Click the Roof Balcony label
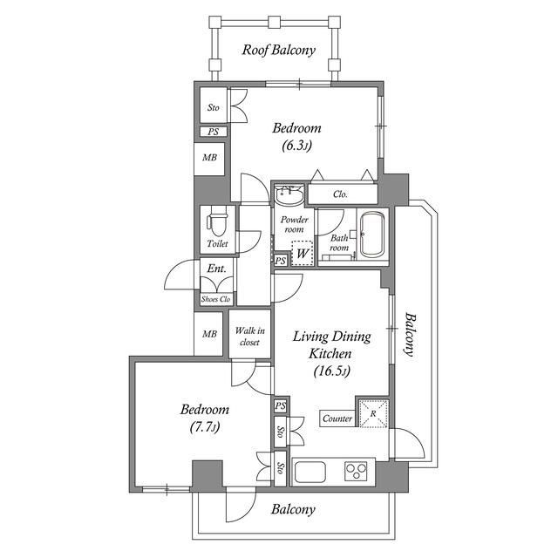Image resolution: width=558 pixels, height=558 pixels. (x=279, y=51)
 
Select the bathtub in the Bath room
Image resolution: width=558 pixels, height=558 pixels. (x=372, y=235)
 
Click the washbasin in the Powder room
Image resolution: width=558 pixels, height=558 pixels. (x=289, y=194)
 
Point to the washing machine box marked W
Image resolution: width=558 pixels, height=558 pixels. (x=303, y=254)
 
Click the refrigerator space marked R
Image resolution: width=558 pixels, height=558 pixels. (x=373, y=413)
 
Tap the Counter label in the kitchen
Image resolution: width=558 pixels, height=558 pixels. (x=337, y=418)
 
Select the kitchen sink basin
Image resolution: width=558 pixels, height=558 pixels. (x=309, y=472)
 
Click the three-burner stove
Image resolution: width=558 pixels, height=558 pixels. (x=356, y=471)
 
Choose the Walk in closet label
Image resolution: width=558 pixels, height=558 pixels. (x=249, y=337)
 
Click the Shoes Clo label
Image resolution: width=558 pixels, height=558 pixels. (x=215, y=299)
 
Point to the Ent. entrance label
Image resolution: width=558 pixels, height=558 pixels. (x=216, y=269)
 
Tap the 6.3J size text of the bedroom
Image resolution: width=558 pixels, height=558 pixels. (x=296, y=146)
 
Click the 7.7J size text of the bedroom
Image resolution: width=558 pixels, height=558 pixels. (x=204, y=426)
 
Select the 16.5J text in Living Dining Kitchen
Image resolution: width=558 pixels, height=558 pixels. (x=331, y=371)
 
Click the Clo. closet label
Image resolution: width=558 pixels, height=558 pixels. (x=340, y=194)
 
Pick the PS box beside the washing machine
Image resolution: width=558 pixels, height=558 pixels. (x=281, y=261)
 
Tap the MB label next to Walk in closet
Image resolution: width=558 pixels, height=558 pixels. (x=209, y=334)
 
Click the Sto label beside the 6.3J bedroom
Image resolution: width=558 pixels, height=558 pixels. (x=213, y=107)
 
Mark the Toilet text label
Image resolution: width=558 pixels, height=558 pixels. (x=217, y=244)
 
